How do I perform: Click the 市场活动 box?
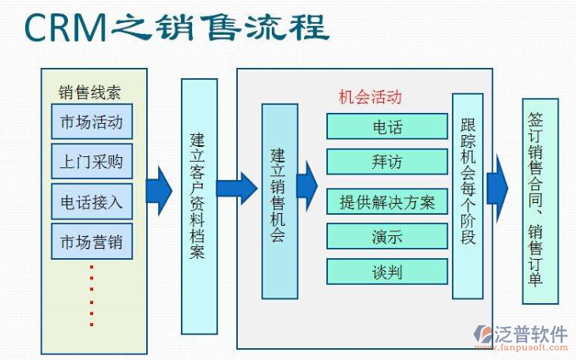(x=92, y=122)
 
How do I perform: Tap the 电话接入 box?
(x=92, y=201)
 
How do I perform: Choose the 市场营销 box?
(x=92, y=241)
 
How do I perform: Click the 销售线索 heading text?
(x=89, y=92)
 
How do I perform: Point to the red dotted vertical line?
(x=92, y=296)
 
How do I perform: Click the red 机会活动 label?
(x=370, y=97)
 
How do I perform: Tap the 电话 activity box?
(x=387, y=126)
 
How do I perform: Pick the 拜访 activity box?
(x=387, y=162)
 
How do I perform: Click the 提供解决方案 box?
(x=387, y=201)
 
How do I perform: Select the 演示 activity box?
(x=387, y=236)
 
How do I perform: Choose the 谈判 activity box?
(x=387, y=272)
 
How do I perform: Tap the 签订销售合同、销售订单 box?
(x=540, y=201)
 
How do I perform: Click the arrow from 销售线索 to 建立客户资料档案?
(x=159, y=190)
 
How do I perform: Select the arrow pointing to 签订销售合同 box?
(x=497, y=188)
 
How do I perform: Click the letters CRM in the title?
(x=64, y=28)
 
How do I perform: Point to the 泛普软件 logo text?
(x=531, y=333)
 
